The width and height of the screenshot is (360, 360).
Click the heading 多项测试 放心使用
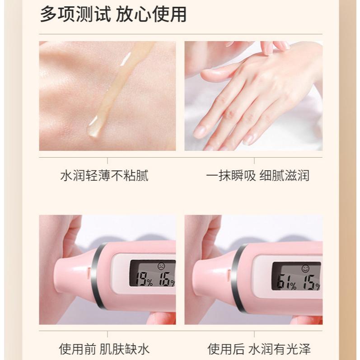(113, 15)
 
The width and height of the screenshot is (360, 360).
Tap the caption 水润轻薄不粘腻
(104, 175)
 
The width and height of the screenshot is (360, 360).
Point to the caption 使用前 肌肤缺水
(104, 349)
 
